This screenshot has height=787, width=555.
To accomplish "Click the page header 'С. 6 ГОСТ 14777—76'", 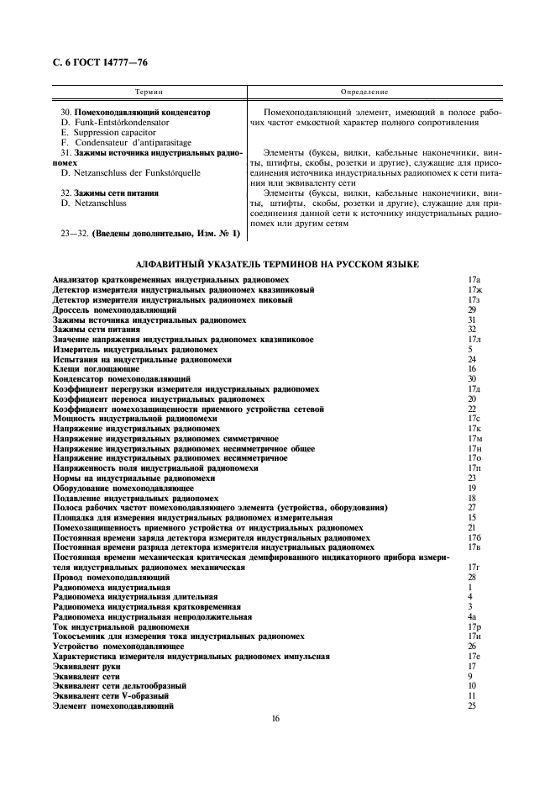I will [x=101, y=62].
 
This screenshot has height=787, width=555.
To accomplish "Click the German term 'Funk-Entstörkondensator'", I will [x=121, y=122].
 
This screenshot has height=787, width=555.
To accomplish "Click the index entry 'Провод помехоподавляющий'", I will [x=112, y=578].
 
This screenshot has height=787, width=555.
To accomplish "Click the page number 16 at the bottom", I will [x=276, y=718].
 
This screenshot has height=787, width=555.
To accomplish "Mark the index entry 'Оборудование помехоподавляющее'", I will [x=123, y=488].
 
